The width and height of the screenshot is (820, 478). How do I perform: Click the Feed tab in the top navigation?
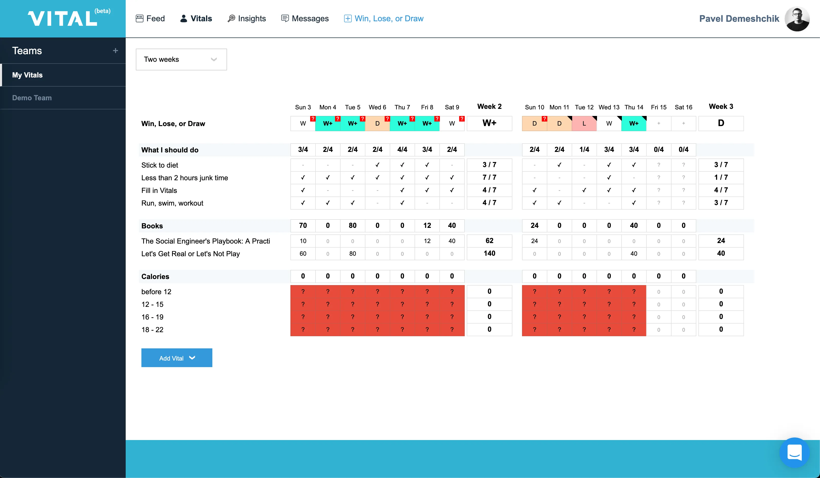tap(150, 18)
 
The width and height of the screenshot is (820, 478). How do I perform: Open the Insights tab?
tap(247, 18)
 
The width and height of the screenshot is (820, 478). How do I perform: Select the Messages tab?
tap(305, 18)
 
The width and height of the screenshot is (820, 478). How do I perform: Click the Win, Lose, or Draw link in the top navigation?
tap(384, 18)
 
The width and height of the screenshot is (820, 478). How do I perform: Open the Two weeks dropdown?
tap(181, 59)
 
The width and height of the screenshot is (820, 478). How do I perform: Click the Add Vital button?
tap(177, 358)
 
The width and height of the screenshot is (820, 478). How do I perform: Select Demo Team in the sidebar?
tap(32, 98)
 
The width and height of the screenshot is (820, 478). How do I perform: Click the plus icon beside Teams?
tap(115, 51)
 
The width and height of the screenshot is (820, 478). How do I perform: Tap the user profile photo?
tap(797, 19)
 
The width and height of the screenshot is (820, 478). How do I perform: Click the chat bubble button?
tap(794, 452)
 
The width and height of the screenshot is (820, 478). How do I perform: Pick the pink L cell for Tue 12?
tap(584, 124)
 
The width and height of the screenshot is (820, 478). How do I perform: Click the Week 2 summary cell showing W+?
tap(489, 123)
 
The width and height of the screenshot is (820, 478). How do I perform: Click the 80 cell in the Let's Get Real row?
tap(352, 254)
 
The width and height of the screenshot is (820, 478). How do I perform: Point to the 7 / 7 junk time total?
tap(489, 177)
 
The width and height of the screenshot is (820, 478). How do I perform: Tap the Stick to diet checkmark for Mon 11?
tap(559, 165)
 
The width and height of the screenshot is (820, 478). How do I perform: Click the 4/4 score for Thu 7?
tap(402, 150)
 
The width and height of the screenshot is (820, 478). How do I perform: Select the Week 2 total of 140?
tap(489, 254)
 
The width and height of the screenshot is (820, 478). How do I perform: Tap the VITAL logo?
tap(63, 18)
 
